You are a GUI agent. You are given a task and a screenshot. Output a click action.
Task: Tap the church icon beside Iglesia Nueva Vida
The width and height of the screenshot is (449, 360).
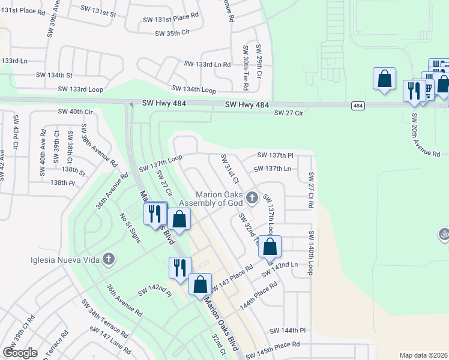(108, 259)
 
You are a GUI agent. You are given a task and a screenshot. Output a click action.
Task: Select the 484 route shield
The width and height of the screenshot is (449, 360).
(358, 106)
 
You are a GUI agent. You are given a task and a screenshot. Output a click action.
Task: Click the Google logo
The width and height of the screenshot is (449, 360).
(20, 353)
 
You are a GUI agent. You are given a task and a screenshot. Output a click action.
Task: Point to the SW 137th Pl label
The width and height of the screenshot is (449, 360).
(275, 155)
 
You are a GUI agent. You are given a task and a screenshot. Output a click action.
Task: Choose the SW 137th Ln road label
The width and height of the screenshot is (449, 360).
(272, 169)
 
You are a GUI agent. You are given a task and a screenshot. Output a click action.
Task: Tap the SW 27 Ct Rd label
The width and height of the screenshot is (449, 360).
(311, 190)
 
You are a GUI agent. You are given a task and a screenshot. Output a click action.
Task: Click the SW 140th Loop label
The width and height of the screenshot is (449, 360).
(310, 253)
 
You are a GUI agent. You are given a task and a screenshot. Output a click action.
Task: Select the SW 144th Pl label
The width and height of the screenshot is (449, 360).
(288, 331)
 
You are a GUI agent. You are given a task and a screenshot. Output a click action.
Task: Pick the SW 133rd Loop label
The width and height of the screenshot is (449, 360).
(80, 89)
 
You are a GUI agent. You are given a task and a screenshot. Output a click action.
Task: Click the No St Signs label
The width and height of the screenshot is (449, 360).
(130, 228)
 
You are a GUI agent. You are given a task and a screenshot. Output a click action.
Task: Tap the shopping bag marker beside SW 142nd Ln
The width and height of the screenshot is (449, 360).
(270, 247)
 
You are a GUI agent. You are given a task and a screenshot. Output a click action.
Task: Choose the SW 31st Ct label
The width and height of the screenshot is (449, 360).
(230, 169)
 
